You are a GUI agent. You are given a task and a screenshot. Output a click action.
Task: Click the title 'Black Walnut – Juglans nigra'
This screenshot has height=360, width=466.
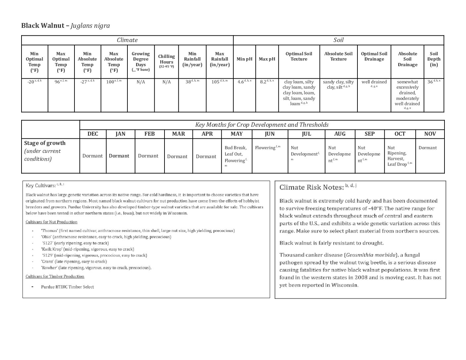pos(65,26)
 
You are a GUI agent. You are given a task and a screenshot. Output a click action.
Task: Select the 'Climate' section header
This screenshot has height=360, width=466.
pos(127,40)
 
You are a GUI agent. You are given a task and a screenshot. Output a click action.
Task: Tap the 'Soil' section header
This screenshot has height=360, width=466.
pos(338,40)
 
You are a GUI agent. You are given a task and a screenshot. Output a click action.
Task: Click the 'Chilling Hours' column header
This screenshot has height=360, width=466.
pos(166,61)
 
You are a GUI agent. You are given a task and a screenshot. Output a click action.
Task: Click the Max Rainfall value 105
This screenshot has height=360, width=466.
pos(217,82)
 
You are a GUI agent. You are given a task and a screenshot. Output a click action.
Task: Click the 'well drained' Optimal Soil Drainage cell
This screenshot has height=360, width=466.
pos(374,82)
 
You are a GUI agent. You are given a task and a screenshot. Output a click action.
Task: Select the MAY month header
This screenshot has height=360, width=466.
pos(236,134)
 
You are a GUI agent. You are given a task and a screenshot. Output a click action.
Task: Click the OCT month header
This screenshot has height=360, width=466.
pos(400,134)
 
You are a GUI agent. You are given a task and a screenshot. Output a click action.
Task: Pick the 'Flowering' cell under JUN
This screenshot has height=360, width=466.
pos(266,148)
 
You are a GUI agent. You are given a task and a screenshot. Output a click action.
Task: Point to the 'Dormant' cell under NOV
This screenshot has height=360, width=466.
pos(428,148)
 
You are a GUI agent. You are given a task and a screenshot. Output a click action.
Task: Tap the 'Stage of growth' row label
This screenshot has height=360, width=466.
pos(45,143)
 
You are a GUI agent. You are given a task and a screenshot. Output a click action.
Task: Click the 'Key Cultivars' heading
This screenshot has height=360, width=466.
pos(41,186)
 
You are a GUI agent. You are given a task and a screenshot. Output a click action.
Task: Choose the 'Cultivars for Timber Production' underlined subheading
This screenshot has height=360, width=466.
pos(55,276)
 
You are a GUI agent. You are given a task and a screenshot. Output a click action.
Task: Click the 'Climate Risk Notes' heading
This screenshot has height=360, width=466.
pos(311,187)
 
